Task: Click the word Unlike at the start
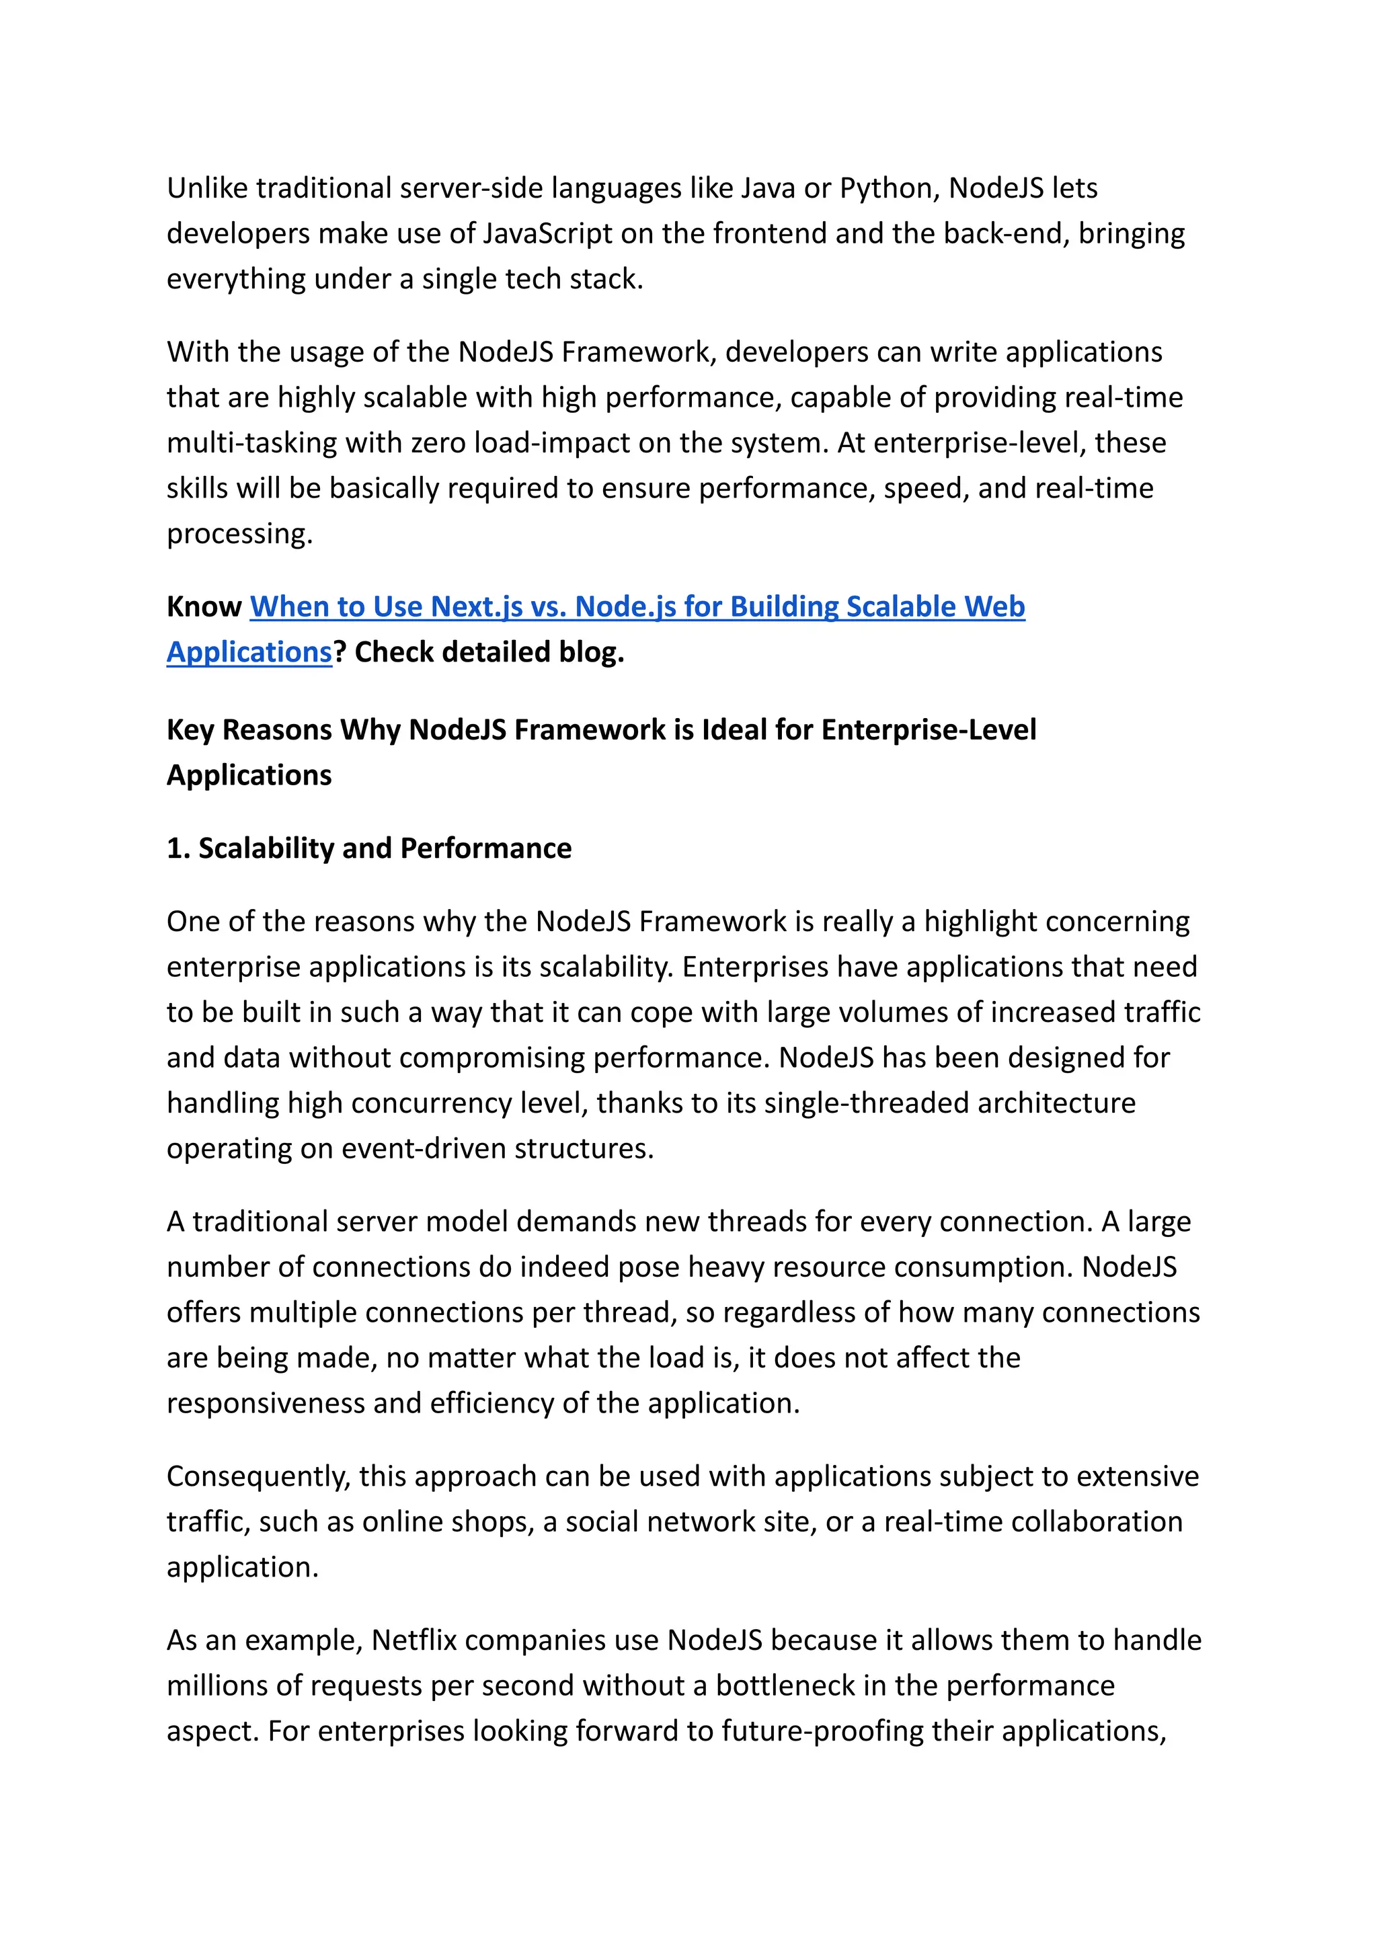(x=207, y=188)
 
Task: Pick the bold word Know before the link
(x=204, y=607)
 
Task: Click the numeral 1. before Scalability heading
(x=178, y=848)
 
